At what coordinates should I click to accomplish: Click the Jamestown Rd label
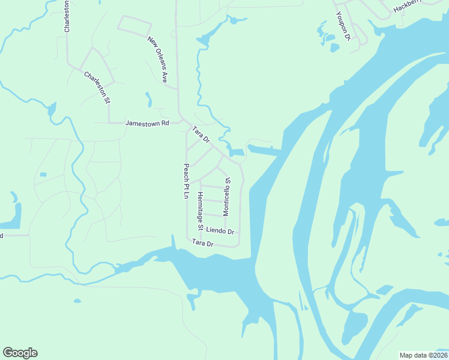point(147,123)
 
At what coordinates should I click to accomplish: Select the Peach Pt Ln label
point(186,182)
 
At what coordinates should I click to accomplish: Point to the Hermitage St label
point(200,211)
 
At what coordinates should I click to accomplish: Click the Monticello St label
point(226,196)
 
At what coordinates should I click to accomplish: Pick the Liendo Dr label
point(219,230)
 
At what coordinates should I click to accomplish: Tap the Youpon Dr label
point(343,26)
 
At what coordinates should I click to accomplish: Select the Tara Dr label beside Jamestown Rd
point(200,134)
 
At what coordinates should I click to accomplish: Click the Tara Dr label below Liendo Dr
point(202,243)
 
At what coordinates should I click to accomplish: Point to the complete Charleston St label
point(97,88)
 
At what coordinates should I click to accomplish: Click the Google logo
point(20,353)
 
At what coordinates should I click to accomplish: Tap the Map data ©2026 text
point(423,355)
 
